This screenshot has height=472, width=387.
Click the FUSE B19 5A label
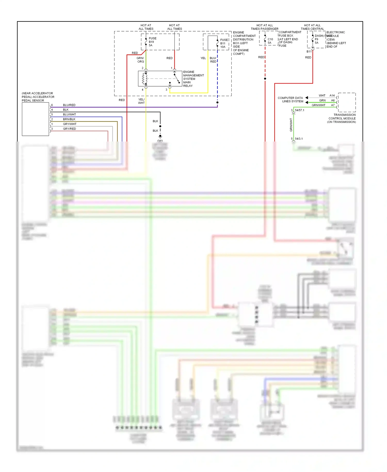(x=152, y=42)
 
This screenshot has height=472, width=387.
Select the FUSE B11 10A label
(x=224, y=43)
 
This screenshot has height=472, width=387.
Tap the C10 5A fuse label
(x=270, y=41)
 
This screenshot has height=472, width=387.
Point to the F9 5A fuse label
(x=317, y=41)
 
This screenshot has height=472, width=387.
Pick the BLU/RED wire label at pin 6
(x=69, y=105)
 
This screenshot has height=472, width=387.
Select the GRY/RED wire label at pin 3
(x=69, y=129)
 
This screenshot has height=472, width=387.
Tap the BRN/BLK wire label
(x=69, y=119)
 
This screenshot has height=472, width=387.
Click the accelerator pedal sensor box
(x=35, y=119)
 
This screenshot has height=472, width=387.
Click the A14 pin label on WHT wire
(x=332, y=96)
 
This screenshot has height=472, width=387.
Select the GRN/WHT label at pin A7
(x=318, y=105)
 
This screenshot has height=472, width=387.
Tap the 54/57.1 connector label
(x=299, y=110)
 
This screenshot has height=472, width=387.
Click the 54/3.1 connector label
(x=299, y=139)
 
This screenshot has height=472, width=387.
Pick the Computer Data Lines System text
(x=290, y=100)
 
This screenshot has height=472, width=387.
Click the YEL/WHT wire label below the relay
(x=141, y=101)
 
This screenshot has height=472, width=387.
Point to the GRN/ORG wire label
(x=140, y=60)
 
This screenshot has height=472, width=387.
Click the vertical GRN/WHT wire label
(x=291, y=125)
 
